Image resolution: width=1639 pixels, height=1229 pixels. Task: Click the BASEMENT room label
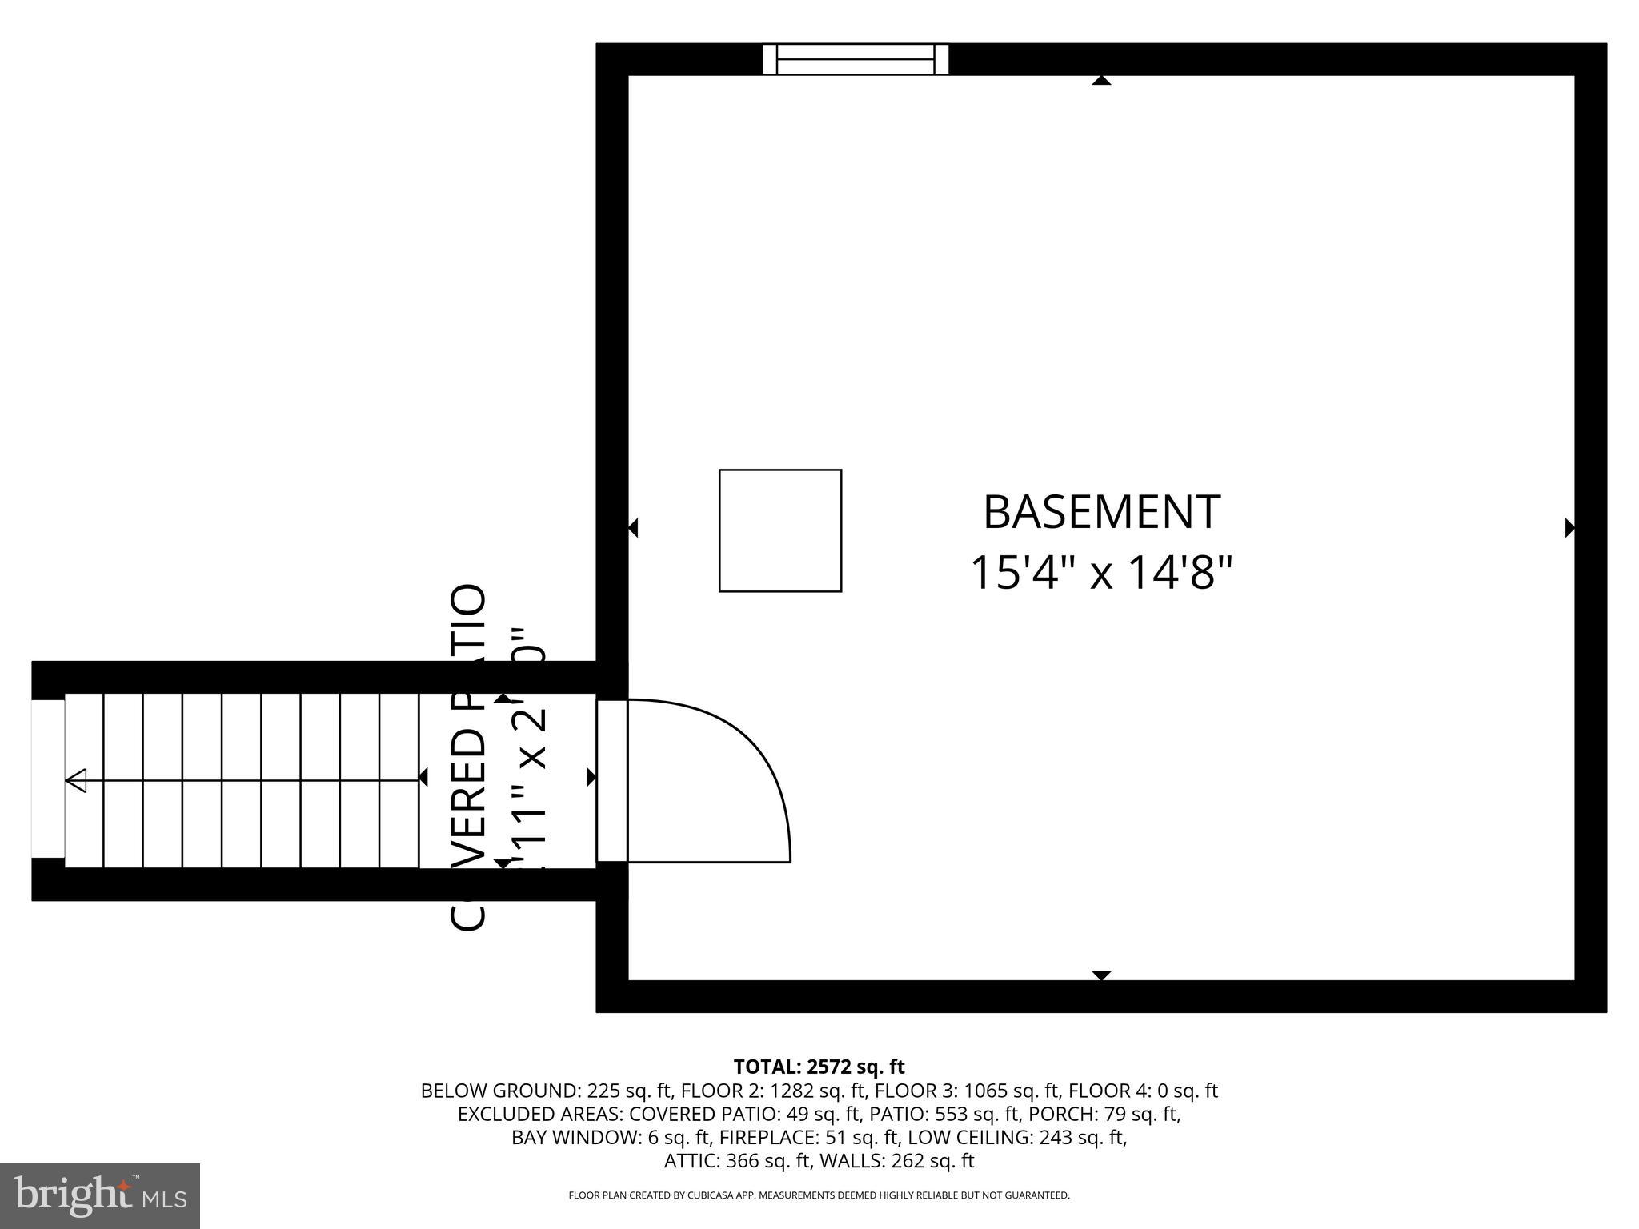(1101, 513)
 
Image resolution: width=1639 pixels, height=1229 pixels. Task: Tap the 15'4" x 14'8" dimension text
(1101, 573)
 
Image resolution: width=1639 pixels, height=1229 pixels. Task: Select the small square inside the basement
(780, 530)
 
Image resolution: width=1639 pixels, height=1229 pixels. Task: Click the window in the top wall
(855, 59)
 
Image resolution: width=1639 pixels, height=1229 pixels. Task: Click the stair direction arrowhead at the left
(77, 780)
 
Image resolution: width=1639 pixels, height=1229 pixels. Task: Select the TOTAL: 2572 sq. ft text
(819, 1067)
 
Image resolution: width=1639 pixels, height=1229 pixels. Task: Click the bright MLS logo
(100, 1195)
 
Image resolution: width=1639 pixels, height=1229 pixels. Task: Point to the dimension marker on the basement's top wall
(1102, 80)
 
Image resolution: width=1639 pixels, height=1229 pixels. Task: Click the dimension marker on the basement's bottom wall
(1102, 975)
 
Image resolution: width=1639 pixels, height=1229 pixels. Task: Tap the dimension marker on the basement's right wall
(1569, 528)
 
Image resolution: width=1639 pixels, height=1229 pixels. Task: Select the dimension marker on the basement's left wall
(633, 528)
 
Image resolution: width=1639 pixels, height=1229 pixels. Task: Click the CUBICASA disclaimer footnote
(819, 1195)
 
